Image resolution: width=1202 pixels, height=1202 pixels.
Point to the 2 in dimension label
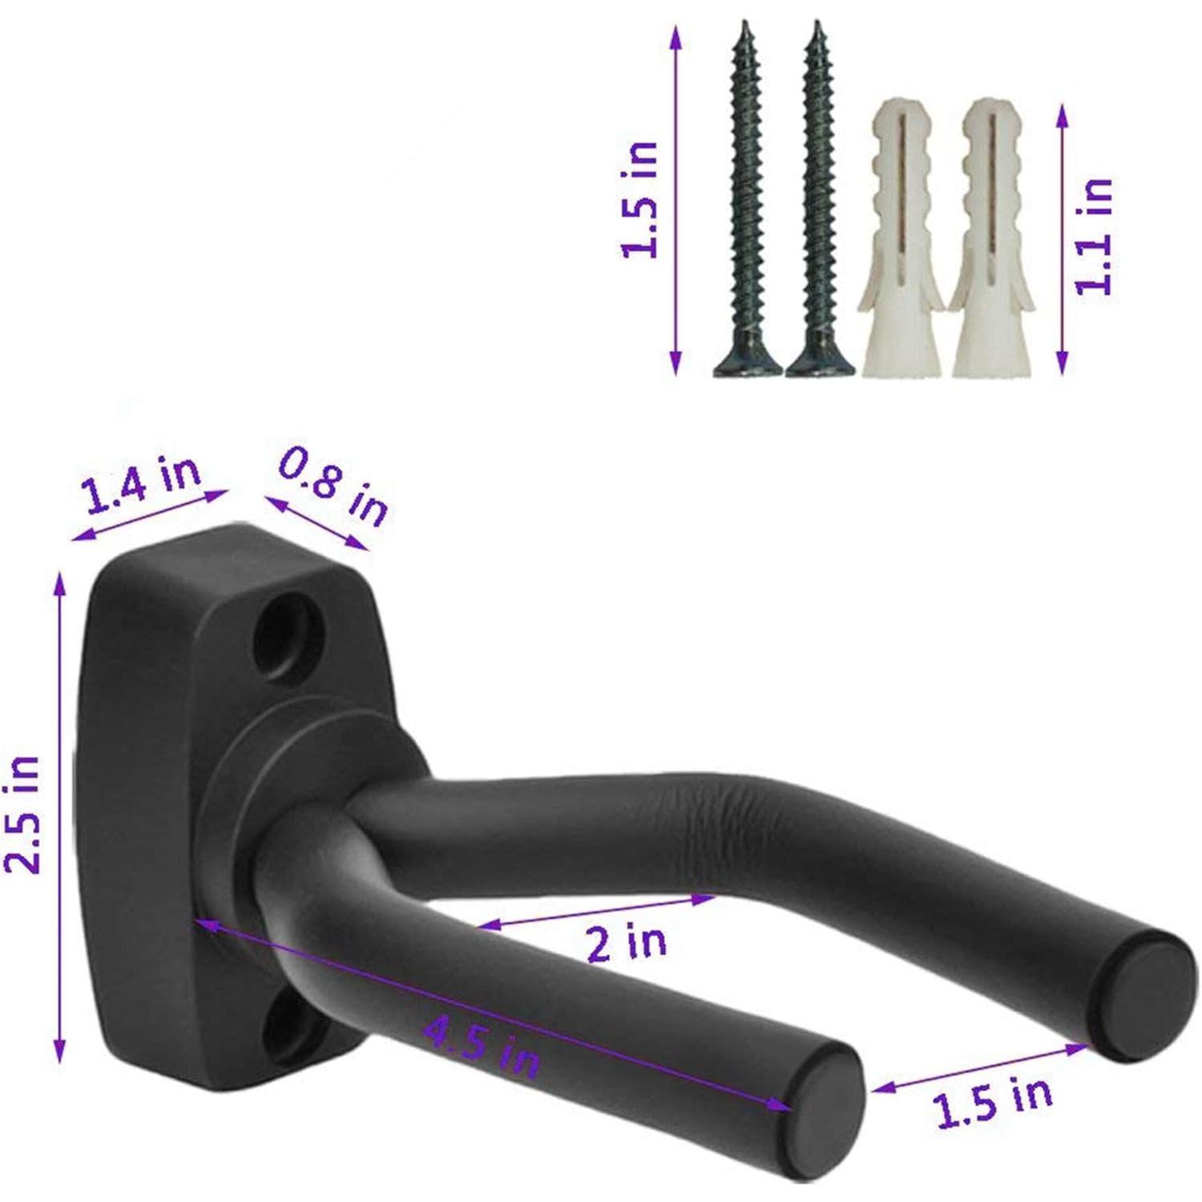(x=626, y=941)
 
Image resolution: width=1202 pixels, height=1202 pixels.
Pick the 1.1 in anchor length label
(x=1095, y=236)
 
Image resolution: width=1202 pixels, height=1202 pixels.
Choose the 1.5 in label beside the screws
(x=641, y=200)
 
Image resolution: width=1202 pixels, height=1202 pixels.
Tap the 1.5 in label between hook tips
(x=993, y=1102)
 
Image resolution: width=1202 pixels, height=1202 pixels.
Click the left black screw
(x=747, y=200)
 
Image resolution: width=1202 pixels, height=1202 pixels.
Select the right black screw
(x=817, y=200)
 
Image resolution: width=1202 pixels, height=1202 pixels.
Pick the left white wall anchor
(x=901, y=240)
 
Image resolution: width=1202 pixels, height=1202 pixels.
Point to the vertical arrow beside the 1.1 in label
(x=1063, y=240)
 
